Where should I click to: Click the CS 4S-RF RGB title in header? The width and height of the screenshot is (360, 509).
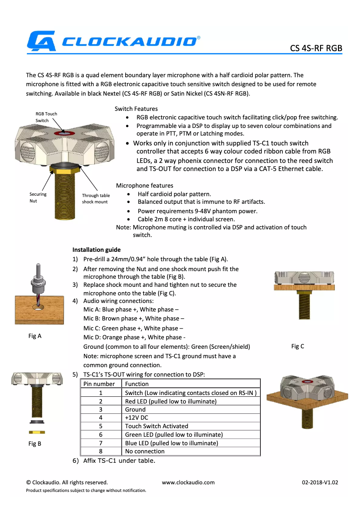point(316,48)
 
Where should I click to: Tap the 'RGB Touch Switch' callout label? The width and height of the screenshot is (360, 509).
point(46,117)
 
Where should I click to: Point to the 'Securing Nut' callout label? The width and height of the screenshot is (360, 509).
point(38,197)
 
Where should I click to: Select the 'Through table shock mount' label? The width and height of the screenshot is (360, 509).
point(96,198)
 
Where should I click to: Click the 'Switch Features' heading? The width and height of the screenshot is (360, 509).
point(136,109)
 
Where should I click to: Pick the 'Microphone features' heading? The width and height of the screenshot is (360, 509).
point(145,185)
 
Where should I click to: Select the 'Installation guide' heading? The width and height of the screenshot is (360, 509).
point(97,250)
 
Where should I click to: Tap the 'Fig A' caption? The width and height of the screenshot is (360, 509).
point(35,336)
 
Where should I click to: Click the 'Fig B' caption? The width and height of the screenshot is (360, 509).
point(35,444)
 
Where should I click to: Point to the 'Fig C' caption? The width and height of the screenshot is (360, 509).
point(298,346)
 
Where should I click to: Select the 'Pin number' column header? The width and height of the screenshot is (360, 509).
point(101,384)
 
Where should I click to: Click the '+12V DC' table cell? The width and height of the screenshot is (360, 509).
point(137,417)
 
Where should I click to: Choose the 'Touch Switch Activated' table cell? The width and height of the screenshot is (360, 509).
point(156,426)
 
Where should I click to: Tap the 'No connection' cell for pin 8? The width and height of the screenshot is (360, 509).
point(145,451)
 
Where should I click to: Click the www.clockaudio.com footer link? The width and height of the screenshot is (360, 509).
point(188,483)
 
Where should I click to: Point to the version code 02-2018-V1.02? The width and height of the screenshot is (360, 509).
point(320,483)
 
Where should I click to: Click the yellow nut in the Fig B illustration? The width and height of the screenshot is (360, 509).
point(36,432)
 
